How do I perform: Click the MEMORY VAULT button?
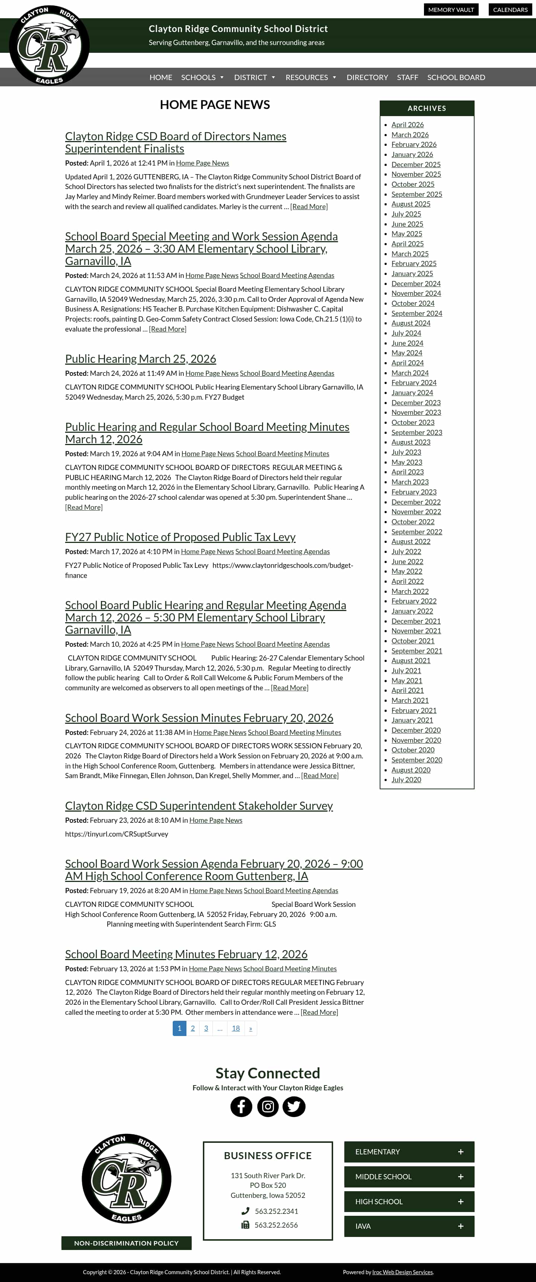(x=450, y=9)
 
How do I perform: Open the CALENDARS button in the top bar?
(x=510, y=9)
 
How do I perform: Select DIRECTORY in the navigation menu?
(x=367, y=77)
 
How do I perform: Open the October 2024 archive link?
(x=412, y=303)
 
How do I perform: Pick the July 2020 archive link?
(x=406, y=779)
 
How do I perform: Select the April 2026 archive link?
(x=407, y=124)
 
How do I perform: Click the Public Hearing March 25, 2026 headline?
(x=140, y=358)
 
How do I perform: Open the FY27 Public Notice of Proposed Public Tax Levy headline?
(x=180, y=537)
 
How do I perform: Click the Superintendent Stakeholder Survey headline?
(x=198, y=805)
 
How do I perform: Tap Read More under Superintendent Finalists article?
(x=309, y=207)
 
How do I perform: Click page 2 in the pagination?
(x=192, y=1028)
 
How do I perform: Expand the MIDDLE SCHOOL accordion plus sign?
(x=460, y=1176)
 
